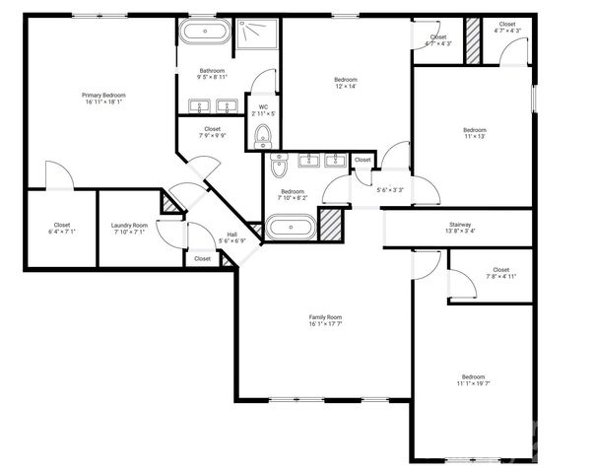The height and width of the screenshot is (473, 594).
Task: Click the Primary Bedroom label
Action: tap(103, 95)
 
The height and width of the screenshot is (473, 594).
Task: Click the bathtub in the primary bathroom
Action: tap(204, 32)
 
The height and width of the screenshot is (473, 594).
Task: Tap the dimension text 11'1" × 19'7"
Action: tap(473, 383)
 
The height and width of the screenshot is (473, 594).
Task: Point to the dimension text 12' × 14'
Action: tap(345, 87)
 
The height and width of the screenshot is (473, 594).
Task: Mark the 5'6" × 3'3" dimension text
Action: tap(390, 189)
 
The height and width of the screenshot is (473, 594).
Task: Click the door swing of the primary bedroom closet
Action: tap(59, 177)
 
